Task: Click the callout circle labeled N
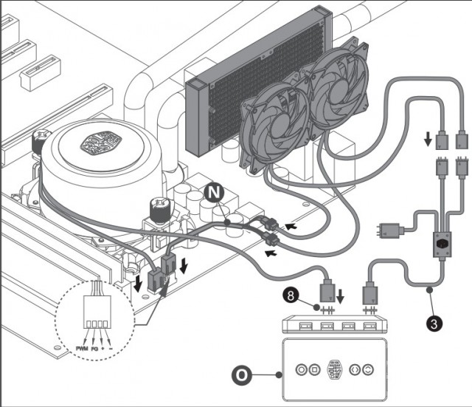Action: [214, 194]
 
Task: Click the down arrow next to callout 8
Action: [340, 298]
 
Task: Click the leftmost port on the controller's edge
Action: [302, 326]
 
